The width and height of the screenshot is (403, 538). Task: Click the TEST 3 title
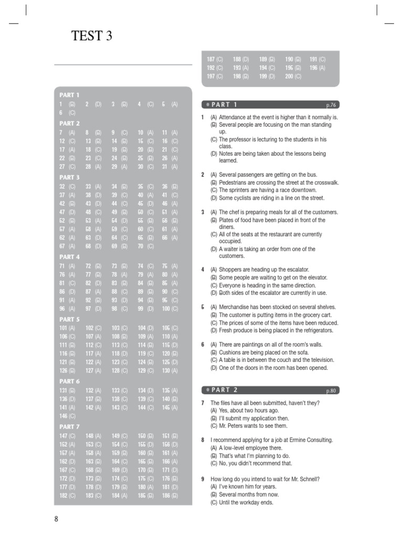91,36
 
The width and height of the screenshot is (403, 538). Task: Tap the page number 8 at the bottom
56,519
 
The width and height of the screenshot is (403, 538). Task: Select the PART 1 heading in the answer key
69,95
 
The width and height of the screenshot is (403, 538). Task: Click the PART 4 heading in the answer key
69,257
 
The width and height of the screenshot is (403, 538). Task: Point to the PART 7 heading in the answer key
69,427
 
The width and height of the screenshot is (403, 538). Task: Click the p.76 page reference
331,105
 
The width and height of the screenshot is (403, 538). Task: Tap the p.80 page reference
331,390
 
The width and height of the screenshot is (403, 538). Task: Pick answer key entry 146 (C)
67,416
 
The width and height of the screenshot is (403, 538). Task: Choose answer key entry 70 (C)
146,246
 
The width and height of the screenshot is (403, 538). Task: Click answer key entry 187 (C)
215,59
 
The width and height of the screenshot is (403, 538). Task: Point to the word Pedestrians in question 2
234,182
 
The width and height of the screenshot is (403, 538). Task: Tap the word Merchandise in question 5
236,307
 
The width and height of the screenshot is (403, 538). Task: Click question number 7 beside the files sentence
203,402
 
